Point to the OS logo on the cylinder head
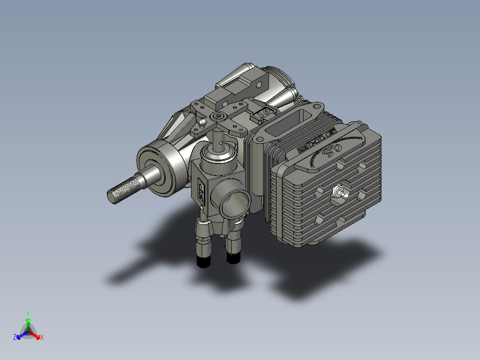point(328,151)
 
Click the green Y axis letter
point(28,313)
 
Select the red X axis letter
point(41,338)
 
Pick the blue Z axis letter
point(15,338)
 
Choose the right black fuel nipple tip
point(233,258)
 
